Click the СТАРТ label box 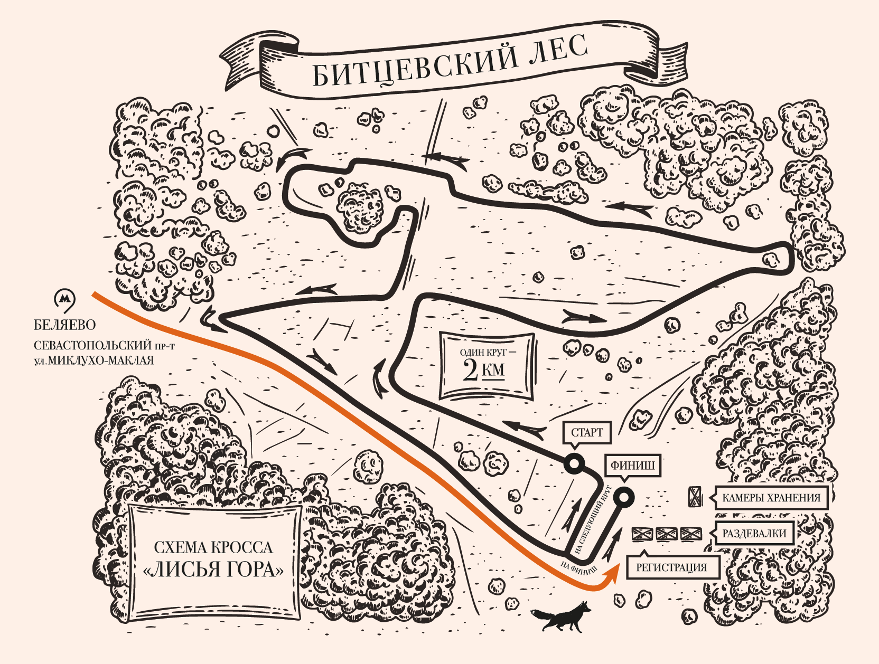click(587, 432)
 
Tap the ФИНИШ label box click(632, 465)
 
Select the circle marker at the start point click(574, 464)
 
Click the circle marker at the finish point click(624, 497)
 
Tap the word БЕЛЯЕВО click(65, 325)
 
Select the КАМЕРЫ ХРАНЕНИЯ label click(771, 498)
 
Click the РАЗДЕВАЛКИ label click(754, 533)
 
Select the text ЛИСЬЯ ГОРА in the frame click(213, 570)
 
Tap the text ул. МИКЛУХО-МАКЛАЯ click(93, 361)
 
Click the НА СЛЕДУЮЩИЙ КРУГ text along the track click(592, 520)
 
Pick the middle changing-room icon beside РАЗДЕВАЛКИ click(667, 534)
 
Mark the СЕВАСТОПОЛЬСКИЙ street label click(92, 345)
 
